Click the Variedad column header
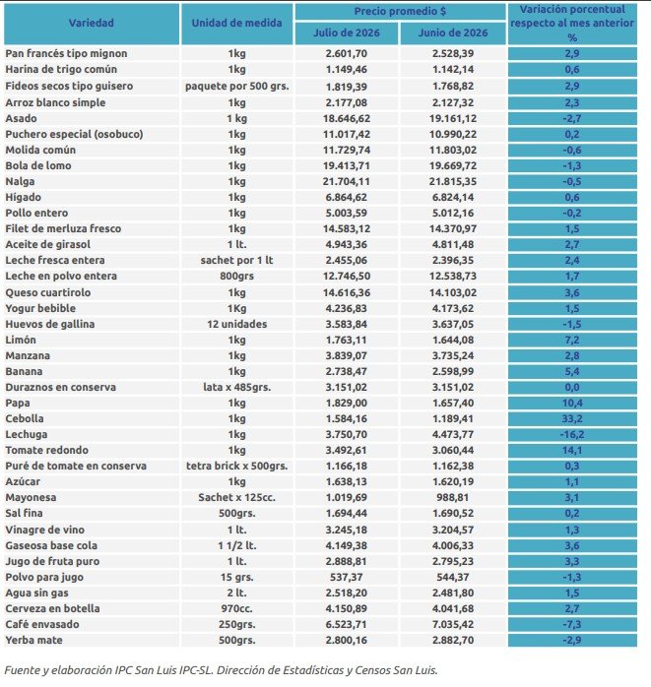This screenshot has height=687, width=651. [92, 23]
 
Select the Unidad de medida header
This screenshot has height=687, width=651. [236, 23]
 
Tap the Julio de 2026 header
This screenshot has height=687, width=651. [347, 32]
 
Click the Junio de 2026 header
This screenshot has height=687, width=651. [453, 32]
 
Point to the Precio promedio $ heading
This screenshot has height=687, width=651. [400, 12]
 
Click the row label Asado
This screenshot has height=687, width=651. [21, 118]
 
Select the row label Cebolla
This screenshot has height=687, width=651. [25, 418]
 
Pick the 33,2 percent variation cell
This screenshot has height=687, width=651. [572, 418]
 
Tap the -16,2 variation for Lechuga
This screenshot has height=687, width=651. [572, 434]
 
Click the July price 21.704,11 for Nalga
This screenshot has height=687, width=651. [347, 181]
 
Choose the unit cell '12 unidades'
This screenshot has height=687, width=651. [236, 324]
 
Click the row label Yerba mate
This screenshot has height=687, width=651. [33, 640]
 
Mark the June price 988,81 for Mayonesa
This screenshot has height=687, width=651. [453, 497]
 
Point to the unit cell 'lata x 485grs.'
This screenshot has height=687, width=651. [236, 387]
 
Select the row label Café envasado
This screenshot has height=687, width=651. [42, 624]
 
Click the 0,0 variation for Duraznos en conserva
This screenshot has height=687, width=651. [572, 387]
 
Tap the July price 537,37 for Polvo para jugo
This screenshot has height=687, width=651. [347, 577]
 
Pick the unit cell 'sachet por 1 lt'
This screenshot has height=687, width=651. [236, 260]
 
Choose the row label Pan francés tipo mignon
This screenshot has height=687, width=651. [66, 53]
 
